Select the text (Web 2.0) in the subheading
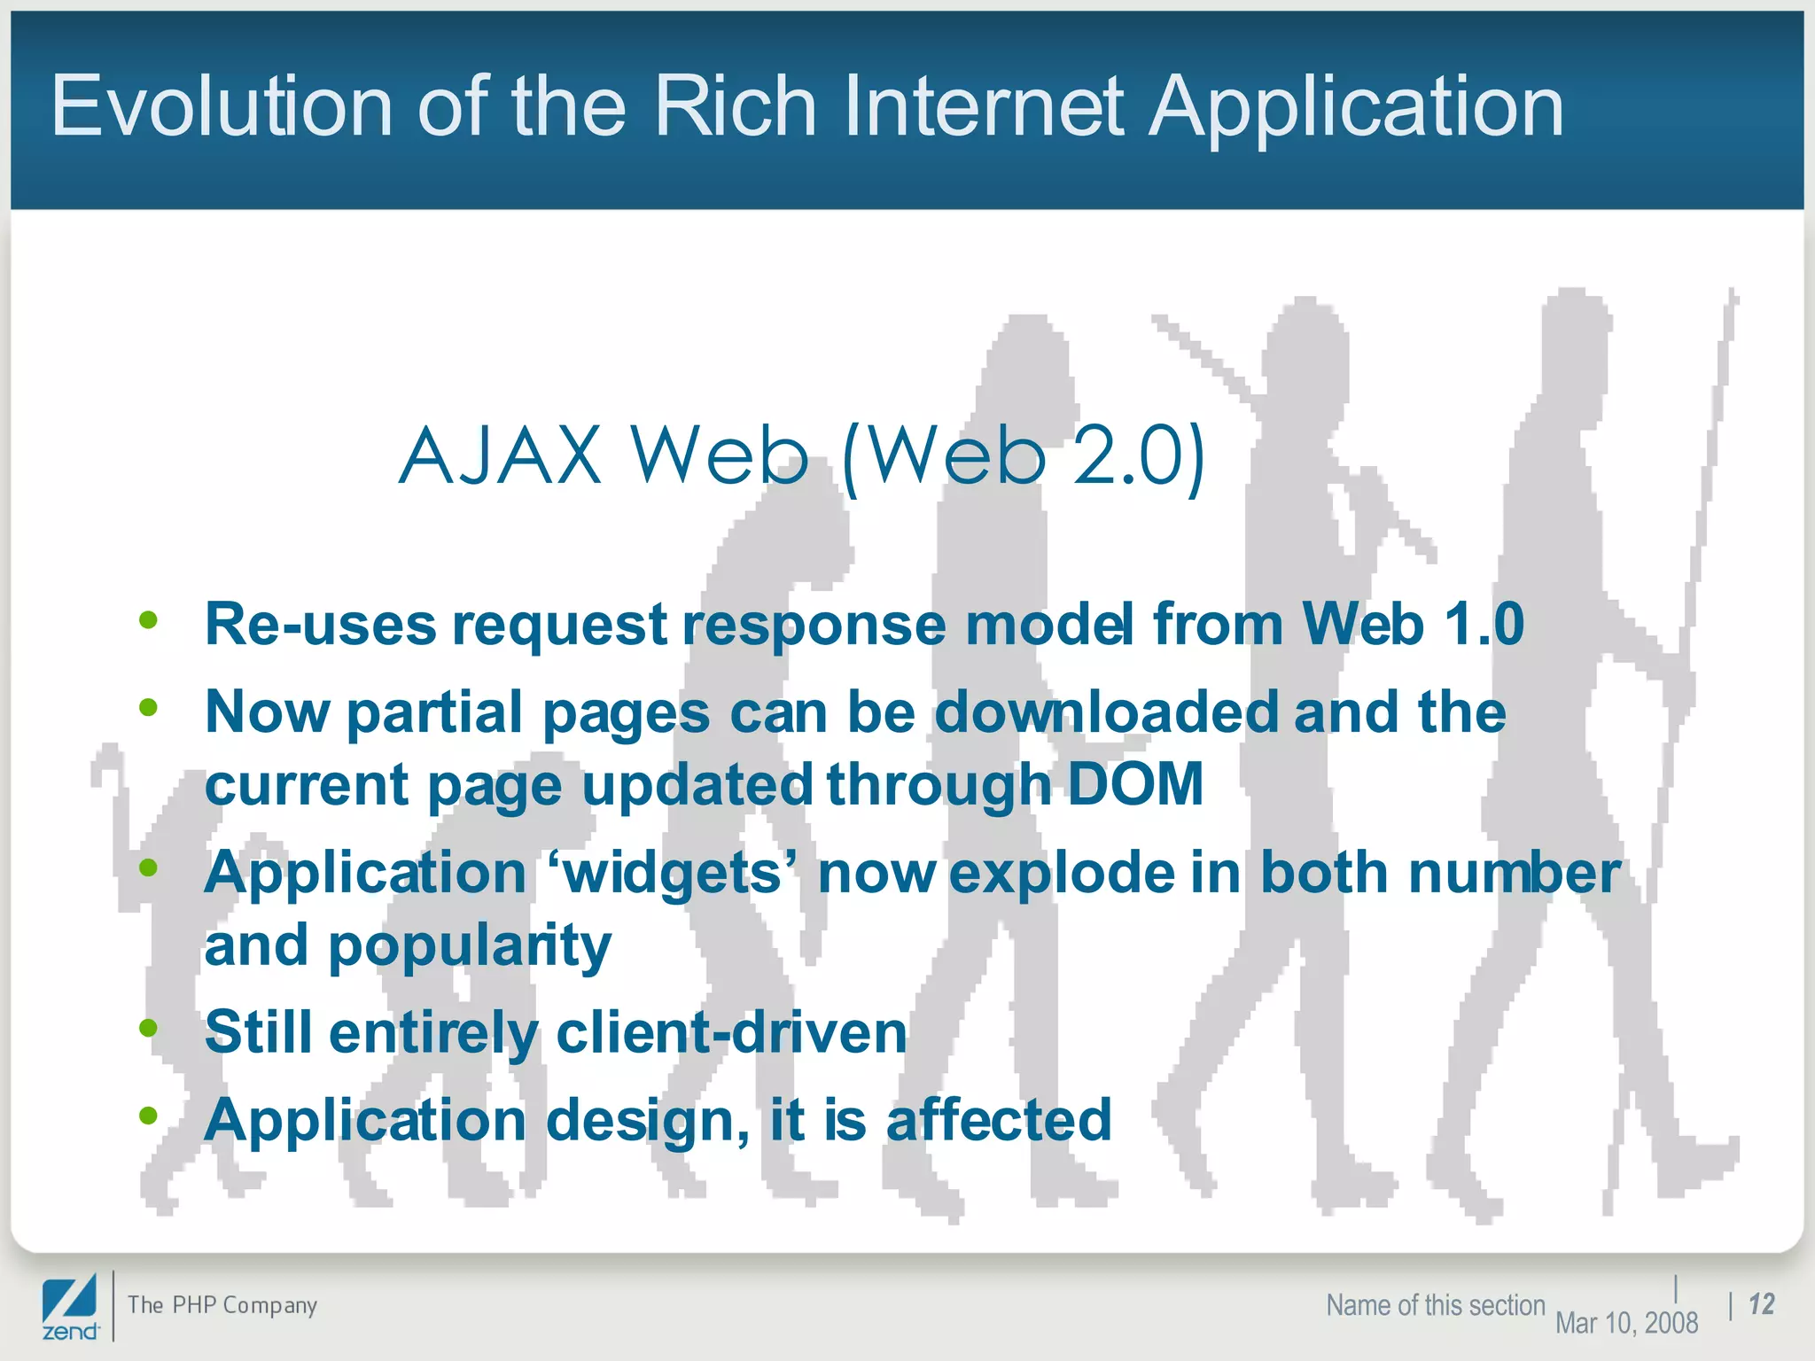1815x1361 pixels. pyautogui.click(x=1024, y=457)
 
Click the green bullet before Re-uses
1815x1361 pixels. pyautogui.click(x=148, y=620)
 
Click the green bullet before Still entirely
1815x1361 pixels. pyautogui.click(x=148, y=1029)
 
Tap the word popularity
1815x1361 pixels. pyautogui.click(x=470, y=945)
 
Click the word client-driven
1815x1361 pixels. pyautogui.click(x=731, y=1032)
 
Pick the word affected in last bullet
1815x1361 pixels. pyautogui.click(x=999, y=1120)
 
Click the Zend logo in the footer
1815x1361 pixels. pyautogui.click(x=70, y=1308)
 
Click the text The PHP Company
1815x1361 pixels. pyautogui.click(x=222, y=1305)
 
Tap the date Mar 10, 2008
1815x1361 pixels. pyautogui.click(x=1626, y=1323)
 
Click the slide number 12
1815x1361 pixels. pyautogui.click(x=1761, y=1304)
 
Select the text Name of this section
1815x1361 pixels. pyautogui.click(x=1435, y=1305)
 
